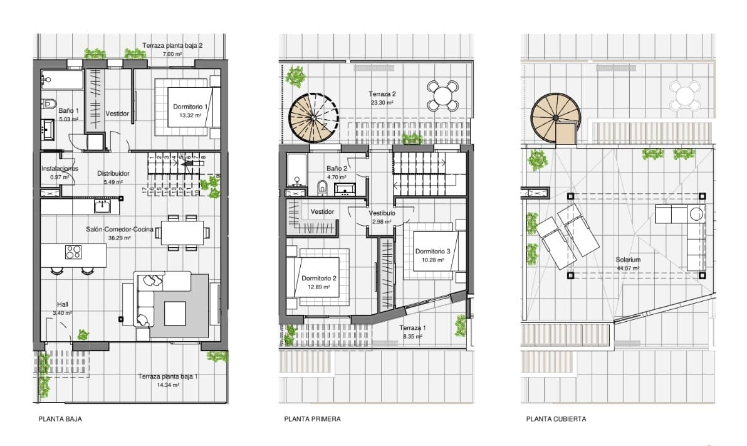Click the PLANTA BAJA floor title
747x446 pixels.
[x=60, y=419]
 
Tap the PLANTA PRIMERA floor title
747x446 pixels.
[x=313, y=419]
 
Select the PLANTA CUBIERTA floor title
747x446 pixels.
[x=556, y=419]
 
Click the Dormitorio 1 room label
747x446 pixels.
[x=190, y=107]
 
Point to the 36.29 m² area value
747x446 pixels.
[x=119, y=238]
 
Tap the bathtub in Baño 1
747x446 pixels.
[x=62, y=80]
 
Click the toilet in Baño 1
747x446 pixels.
[x=49, y=104]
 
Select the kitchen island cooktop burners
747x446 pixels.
[x=73, y=252]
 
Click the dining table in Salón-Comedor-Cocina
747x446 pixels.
[x=182, y=233]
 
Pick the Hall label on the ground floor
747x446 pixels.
[x=63, y=304]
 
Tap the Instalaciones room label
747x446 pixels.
[x=60, y=168]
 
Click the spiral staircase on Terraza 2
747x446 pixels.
[x=314, y=117]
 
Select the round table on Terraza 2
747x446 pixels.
[x=442, y=95]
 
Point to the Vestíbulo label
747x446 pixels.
[x=382, y=213]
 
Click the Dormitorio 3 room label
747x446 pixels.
[x=432, y=252]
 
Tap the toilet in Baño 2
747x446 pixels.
[x=323, y=188]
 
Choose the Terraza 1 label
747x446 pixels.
[x=412, y=327]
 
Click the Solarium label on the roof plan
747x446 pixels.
[x=628, y=260]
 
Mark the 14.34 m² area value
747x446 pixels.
[x=168, y=385]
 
